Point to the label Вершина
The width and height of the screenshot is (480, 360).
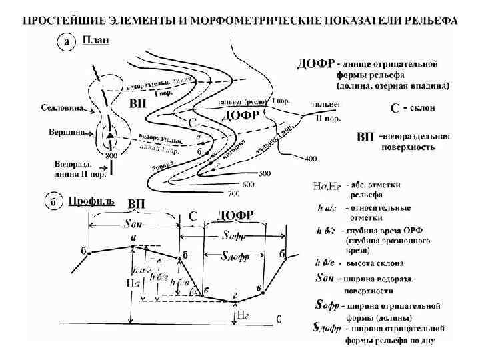66,131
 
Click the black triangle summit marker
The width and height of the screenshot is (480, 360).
109,136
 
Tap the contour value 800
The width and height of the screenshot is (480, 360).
111,155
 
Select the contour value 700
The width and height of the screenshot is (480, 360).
234,193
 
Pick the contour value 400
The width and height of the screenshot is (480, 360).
310,159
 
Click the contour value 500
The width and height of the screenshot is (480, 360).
265,173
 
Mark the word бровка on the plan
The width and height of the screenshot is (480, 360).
163,165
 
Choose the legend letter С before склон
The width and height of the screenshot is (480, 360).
395,108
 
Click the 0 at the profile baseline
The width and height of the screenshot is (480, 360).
279,319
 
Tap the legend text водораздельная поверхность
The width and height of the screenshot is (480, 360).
415,142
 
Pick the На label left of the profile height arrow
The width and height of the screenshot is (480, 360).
132,282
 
